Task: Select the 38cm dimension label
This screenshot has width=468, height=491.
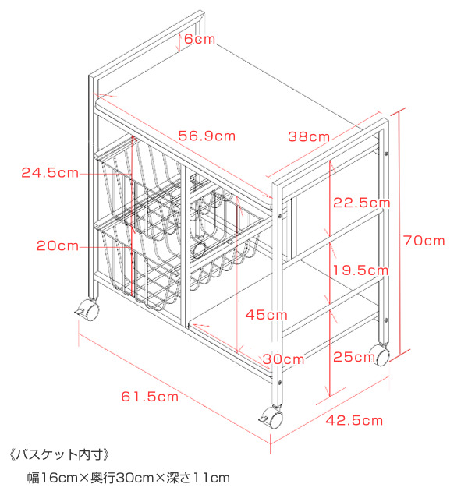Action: pos(309,136)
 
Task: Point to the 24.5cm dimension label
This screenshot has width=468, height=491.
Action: pos(50,172)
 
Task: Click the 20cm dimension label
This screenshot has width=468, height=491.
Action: pos(57,245)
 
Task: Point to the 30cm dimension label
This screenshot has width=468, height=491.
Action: pos(283,359)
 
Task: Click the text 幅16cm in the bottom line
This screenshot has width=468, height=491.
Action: pos(51,476)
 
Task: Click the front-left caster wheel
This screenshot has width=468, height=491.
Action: pos(90,311)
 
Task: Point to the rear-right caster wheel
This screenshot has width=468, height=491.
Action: pos(383,357)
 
